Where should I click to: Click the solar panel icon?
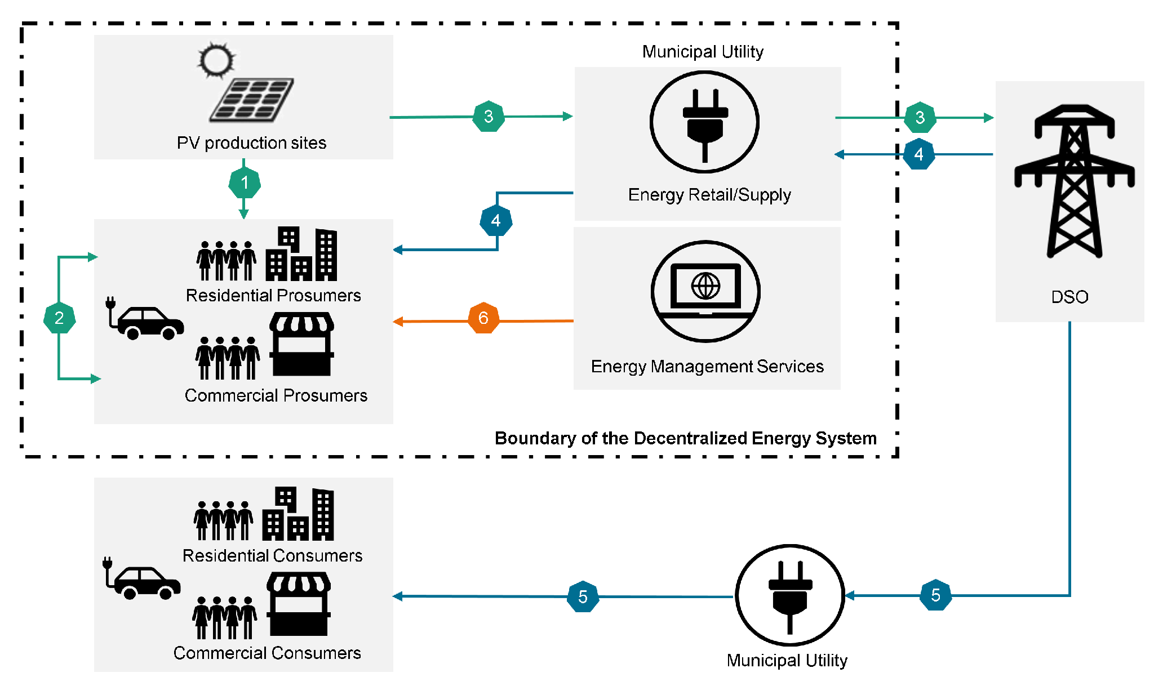point(252,100)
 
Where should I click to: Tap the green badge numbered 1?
point(245,182)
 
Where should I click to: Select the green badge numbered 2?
point(59,318)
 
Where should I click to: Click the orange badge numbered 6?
point(483,318)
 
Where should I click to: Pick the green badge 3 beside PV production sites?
point(489,116)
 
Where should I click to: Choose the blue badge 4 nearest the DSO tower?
point(919,154)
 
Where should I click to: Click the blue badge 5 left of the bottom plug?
point(583,596)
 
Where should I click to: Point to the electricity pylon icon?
point(1074,180)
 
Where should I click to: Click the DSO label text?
point(1069,297)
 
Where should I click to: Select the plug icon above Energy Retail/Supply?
point(704,122)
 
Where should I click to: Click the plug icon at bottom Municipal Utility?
point(790,595)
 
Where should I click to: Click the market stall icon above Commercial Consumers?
point(299,604)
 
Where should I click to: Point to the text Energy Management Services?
point(707,367)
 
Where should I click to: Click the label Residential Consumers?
point(272,555)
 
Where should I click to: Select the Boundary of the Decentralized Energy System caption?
point(685,438)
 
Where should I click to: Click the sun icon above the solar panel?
point(216,60)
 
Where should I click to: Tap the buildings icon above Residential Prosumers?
point(301,255)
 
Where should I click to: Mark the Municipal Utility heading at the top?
point(703,52)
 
